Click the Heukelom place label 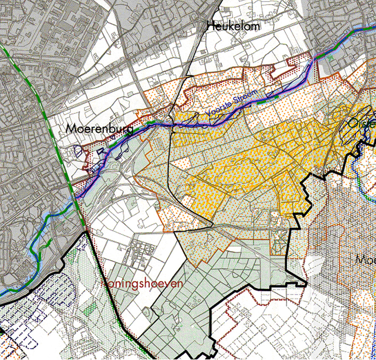(233, 26)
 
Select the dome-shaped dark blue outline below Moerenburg (78, 150)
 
